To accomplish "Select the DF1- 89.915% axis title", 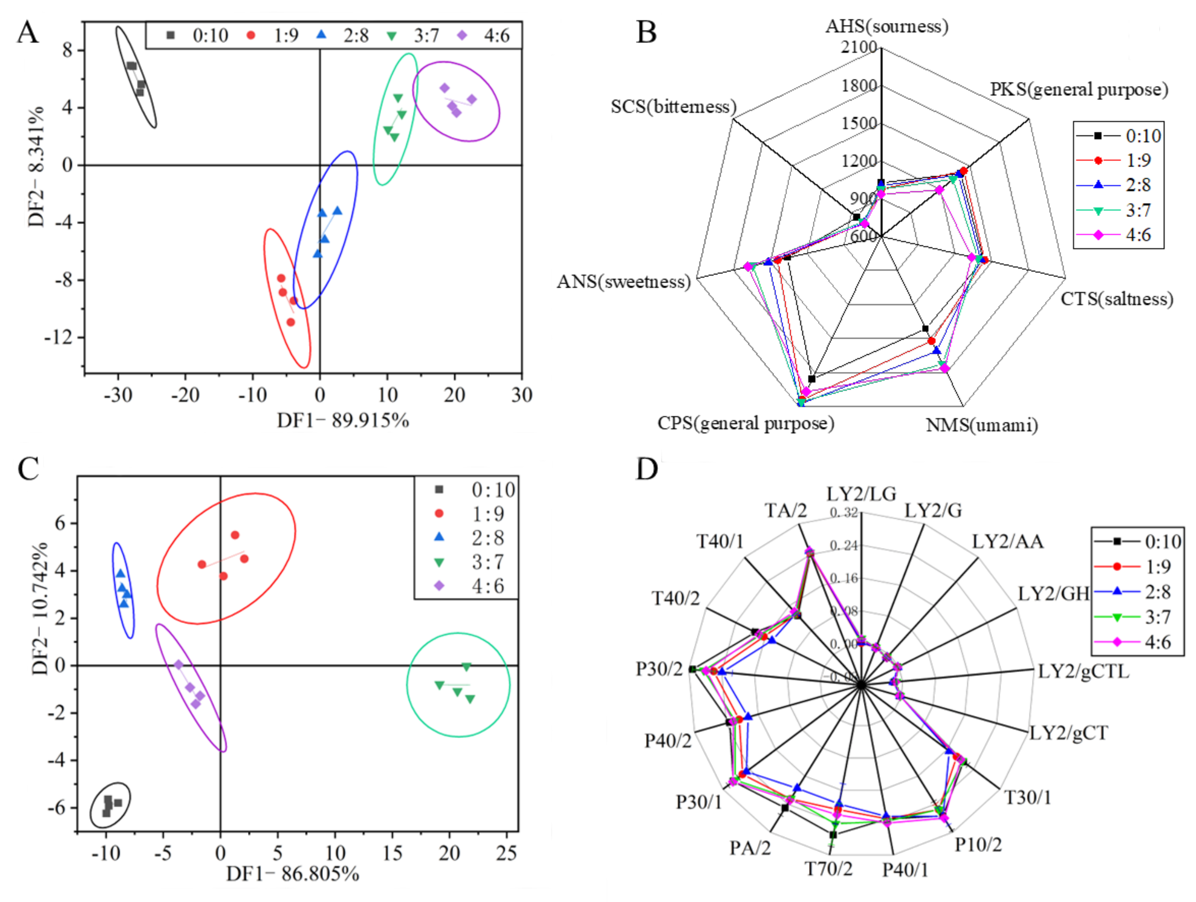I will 343,421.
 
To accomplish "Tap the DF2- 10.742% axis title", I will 39,608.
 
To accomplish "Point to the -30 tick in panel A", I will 118,395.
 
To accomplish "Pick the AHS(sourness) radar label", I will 887,26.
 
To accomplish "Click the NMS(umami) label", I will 982,425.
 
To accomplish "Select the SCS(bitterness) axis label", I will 674,106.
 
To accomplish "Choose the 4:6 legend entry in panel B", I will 1120,235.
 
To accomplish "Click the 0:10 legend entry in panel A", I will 197,35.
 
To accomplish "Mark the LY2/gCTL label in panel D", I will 1083,672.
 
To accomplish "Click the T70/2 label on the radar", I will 828,869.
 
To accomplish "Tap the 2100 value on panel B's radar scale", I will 859,48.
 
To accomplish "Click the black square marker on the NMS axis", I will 925,329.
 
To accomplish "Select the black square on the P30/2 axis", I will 692,670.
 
